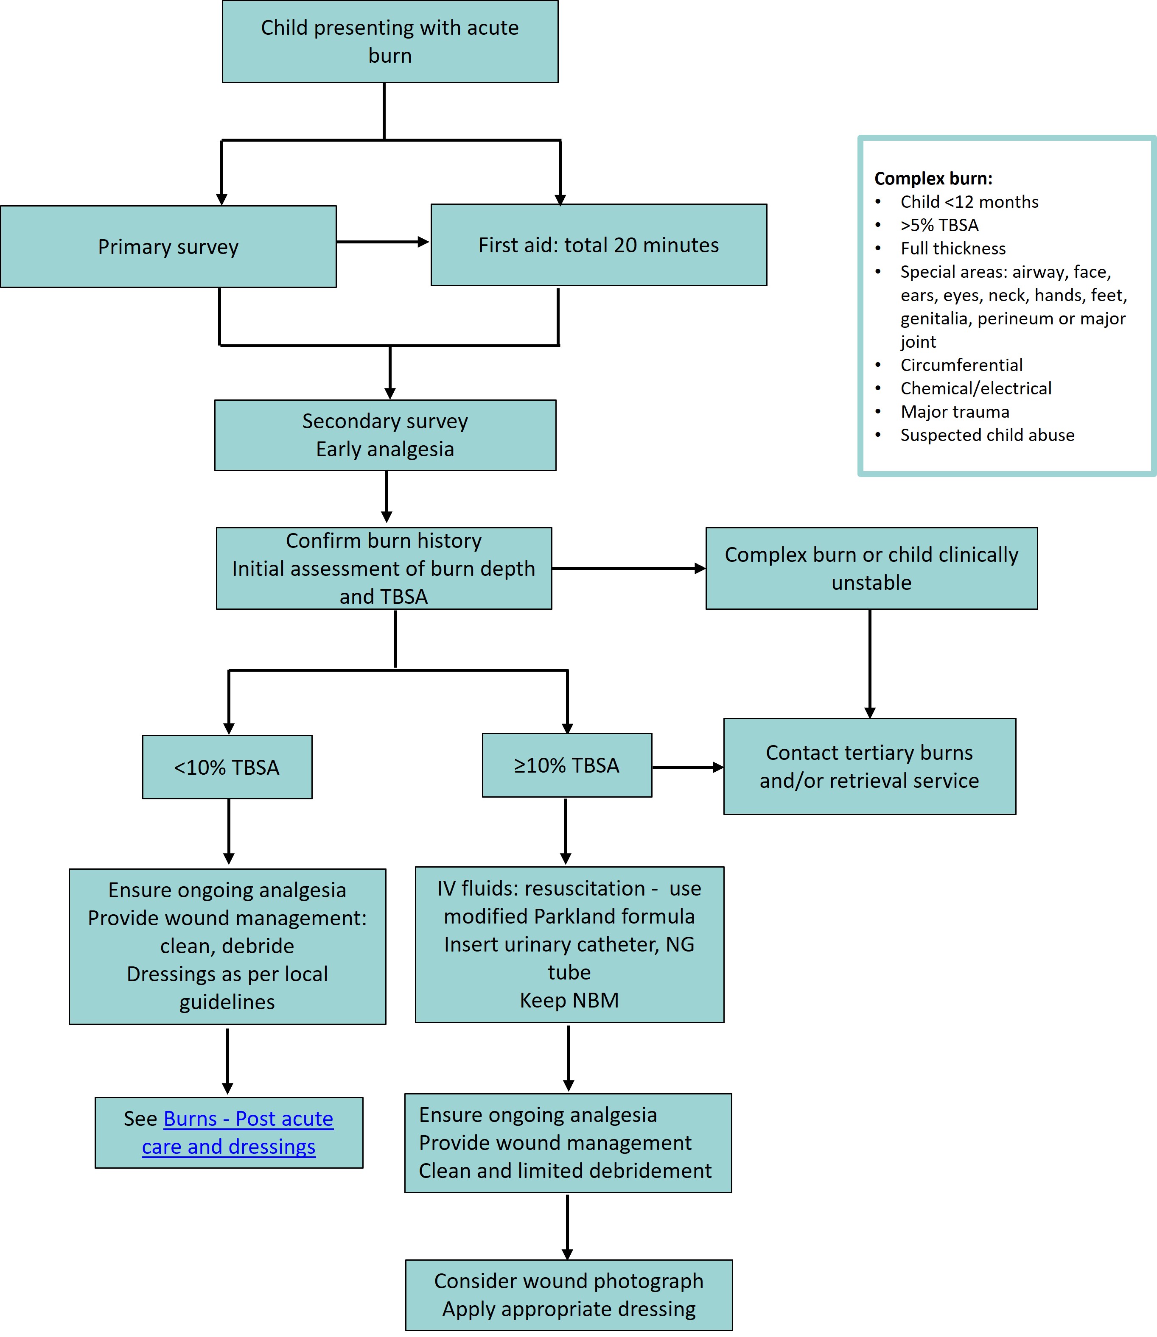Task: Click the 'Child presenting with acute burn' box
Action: click(x=390, y=41)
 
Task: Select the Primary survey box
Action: click(x=168, y=246)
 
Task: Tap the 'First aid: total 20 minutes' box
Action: click(x=599, y=245)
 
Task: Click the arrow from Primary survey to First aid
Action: click(x=382, y=242)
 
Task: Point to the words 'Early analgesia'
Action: click(x=385, y=449)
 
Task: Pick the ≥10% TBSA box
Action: click(x=566, y=765)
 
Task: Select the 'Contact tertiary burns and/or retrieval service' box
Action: click(x=869, y=767)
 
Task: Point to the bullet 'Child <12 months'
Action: click(x=969, y=202)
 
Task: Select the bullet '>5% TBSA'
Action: click(x=939, y=225)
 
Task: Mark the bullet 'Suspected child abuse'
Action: click(x=987, y=435)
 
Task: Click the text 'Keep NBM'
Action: click(x=569, y=1000)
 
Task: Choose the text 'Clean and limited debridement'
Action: click(x=565, y=1170)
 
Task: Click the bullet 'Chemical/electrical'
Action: click(x=975, y=388)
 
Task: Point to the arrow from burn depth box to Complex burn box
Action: click(x=628, y=569)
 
